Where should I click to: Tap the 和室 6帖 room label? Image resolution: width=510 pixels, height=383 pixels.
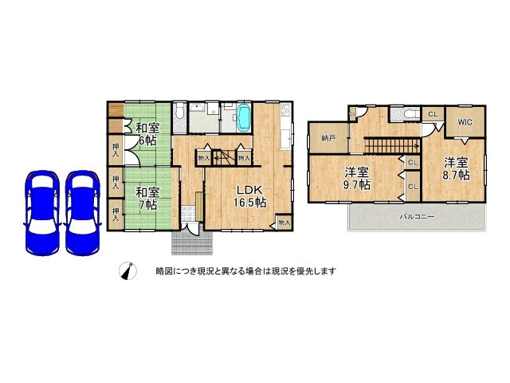coord(147,134)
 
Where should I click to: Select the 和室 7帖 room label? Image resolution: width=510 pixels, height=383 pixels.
coord(147,199)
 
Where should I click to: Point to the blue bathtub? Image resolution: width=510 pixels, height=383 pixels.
coord(244,118)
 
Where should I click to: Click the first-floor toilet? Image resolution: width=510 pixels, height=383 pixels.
coord(180,120)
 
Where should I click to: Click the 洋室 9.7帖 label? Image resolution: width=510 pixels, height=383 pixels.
coord(357,177)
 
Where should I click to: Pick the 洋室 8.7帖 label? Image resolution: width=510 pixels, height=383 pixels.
coord(457,168)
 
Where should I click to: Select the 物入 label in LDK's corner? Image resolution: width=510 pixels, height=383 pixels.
coord(284,223)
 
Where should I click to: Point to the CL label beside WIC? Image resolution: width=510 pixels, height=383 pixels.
coord(433,115)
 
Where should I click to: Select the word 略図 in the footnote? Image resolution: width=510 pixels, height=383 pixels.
coord(165,271)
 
